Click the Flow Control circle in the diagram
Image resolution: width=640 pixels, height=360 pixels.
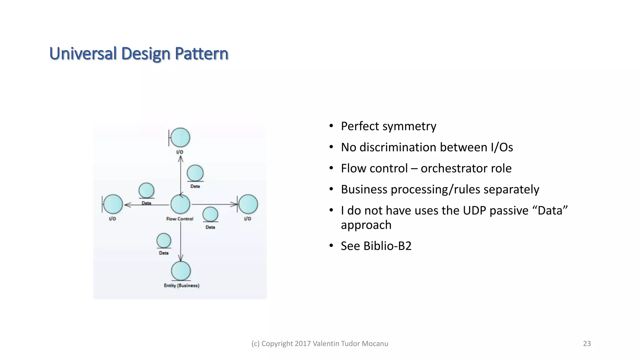pyautogui.click(x=180, y=204)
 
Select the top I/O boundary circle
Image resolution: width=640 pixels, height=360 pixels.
pyautogui.click(x=180, y=137)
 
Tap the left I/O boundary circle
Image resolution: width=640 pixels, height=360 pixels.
pyautogui.click(x=113, y=204)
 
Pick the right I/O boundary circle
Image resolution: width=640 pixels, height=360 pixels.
pyautogui.click(x=248, y=204)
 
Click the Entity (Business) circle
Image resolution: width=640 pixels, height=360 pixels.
pyautogui.click(x=181, y=271)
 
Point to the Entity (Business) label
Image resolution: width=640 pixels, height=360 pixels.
pyautogui.click(x=182, y=285)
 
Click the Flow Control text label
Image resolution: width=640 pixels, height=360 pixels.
pyautogui.click(x=180, y=219)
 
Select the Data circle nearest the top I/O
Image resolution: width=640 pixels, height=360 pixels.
pyautogui.click(x=195, y=173)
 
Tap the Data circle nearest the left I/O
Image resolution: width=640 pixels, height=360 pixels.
pyautogui.click(x=146, y=190)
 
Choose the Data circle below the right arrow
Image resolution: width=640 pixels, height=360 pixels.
pyautogui.click(x=210, y=214)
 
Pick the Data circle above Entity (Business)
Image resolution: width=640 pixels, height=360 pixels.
pyautogui.click(x=164, y=241)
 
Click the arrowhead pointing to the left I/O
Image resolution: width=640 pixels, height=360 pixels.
pyautogui.click(x=127, y=205)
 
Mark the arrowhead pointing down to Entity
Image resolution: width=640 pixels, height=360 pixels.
pyautogui.click(x=181, y=258)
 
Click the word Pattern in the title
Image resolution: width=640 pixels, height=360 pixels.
pyautogui.click(x=202, y=53)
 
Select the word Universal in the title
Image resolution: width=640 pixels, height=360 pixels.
pyautogui.click(x=83, y=53)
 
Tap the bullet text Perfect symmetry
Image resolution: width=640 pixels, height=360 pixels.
pyautogui.click(x=388, y=126)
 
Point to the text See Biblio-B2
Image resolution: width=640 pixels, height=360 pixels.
pyautogui.click(x=376, y=246)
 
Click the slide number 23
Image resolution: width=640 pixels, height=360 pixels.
pyautogui.click(x=587, y=343)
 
